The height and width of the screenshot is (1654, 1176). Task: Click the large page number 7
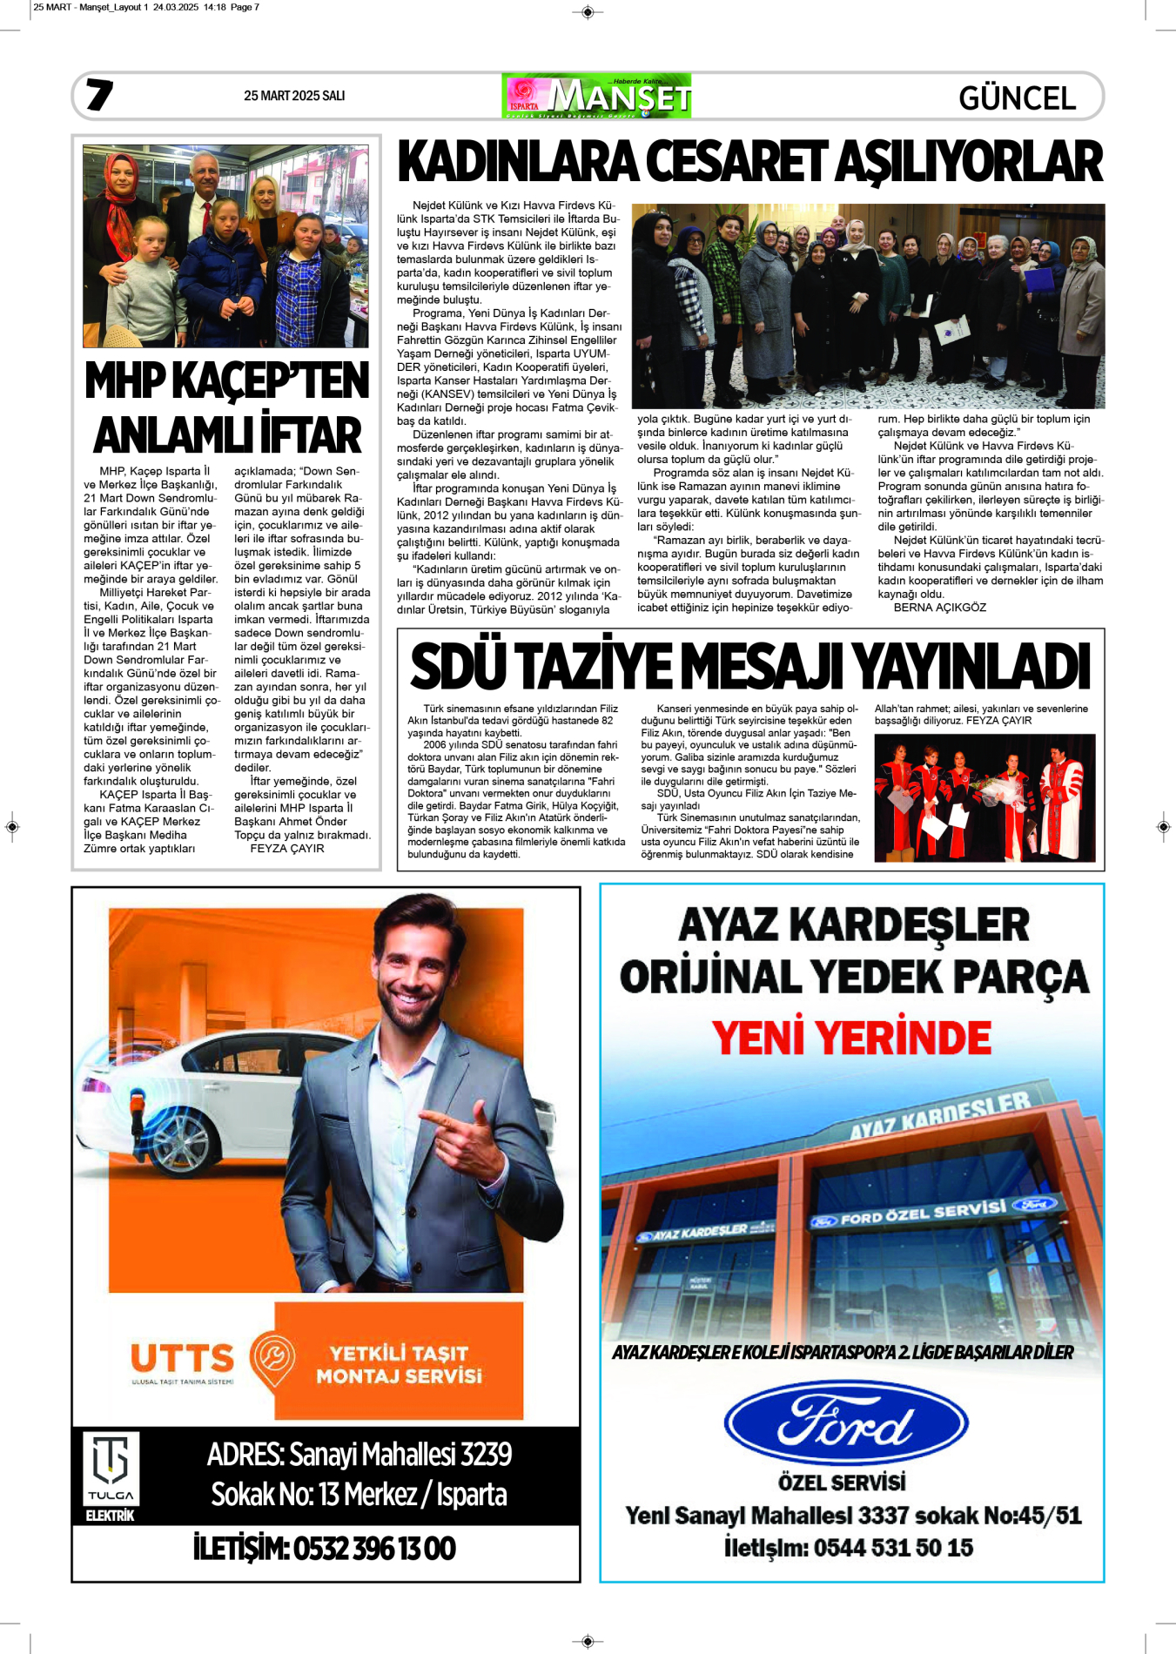(99, 95)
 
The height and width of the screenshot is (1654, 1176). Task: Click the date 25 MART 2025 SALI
(294, 96)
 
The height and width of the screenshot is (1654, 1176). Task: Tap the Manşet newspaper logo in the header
(597, 97)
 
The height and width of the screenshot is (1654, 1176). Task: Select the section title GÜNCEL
(1017, 98)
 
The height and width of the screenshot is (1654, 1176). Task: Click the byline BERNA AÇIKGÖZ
(939, 608)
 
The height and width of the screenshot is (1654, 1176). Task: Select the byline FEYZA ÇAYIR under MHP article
(286, 848)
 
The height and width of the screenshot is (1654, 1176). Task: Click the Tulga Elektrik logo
(111, 1476)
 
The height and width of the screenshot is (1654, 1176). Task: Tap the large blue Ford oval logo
(845, 1424)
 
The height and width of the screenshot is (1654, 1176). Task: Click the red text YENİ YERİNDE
(851, 1038)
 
